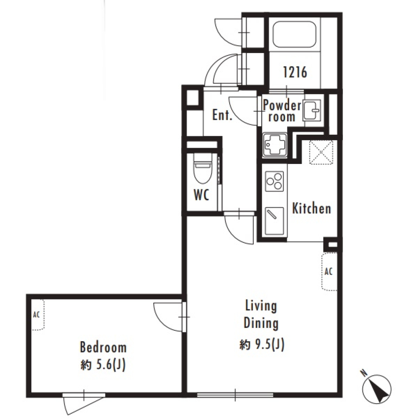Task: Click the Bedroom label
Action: coord(103,347)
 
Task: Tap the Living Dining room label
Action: coord(260,314)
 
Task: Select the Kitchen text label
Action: coord(311,208)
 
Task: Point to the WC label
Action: coord(201,195)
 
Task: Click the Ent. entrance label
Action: coord(222,115)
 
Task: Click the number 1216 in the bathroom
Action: coord(295,73)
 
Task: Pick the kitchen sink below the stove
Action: coord(274,221)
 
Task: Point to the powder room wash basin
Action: coord(312,111)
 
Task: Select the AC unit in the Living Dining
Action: coord(328,271)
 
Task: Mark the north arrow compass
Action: coord(377,388)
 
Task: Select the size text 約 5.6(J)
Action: coord(103,365)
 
